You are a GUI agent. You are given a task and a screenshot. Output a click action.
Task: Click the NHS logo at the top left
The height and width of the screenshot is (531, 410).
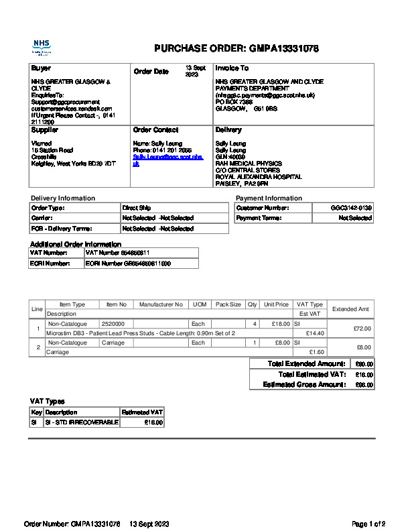pos(42,47)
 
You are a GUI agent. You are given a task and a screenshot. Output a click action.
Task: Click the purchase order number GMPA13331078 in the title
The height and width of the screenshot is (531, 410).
pos(284,48)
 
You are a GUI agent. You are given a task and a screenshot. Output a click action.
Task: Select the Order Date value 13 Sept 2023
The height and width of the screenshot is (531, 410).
pos(196,71)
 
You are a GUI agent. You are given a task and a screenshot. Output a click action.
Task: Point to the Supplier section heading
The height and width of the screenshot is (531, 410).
pos(45,130)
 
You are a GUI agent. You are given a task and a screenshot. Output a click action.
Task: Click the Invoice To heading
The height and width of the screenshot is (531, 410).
pos(232,68)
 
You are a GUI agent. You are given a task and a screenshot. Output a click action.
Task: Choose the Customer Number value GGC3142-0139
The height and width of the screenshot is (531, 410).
pos(351,209)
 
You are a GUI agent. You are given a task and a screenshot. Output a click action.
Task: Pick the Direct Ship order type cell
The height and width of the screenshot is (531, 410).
pos(137,209)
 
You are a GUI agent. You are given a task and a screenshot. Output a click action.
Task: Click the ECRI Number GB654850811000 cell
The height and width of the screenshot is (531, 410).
pos(128,263)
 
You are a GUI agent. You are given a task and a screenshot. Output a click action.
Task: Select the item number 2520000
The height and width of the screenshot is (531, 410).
pos(113,324)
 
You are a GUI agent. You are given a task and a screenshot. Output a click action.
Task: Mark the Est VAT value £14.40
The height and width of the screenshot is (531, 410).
pos(315,333)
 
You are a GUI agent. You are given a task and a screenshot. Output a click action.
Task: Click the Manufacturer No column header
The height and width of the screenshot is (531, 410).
pos(161,304)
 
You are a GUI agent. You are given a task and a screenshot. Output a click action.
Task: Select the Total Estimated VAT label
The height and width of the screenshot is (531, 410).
pos(312,374)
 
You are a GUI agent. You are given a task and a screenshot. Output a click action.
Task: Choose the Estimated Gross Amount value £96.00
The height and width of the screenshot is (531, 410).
pos(364,385)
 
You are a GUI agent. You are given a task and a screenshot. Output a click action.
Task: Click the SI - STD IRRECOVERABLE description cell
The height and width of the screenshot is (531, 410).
pos(81,423)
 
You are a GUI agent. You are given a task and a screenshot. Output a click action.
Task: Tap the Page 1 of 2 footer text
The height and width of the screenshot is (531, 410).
pos(368,524)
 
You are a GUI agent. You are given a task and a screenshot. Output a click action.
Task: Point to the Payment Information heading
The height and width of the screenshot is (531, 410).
pos(269,198)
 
